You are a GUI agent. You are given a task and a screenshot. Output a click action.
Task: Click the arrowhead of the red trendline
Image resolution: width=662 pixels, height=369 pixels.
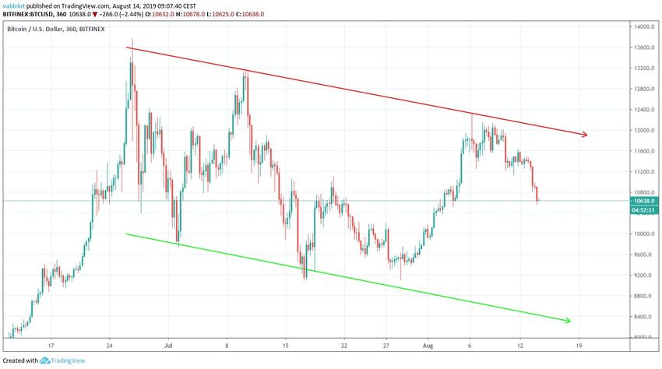[x=584, y=135]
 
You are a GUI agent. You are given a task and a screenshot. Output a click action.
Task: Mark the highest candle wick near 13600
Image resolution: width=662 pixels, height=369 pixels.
[x=132, y=40]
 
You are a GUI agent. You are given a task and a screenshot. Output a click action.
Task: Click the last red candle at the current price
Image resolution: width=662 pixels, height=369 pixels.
[x=537, y=195]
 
